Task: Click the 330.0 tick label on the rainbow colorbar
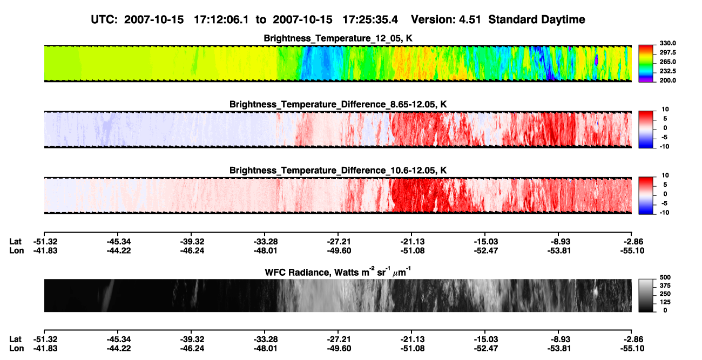click(667, 43)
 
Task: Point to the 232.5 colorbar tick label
click(667, 71)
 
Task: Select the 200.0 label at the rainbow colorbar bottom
click(667, 80)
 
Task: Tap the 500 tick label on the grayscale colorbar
click(665, 277)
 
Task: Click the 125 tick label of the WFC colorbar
click(665, 302)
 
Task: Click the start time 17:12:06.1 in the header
click(221, 20)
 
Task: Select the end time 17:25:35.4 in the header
click(370, 20)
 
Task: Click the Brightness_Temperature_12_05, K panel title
click(338, 38)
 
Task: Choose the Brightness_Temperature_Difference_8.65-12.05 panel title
click(338, 104)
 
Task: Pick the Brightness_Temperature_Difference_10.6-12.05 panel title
click(338, 171)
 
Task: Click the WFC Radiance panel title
click(337, 272)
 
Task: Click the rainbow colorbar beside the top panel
click(646, 64)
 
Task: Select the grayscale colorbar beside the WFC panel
click(646, 295)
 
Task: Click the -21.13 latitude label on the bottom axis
click(413, 339)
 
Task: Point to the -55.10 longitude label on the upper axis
click(632, 251)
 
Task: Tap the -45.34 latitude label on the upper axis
click(118, 242)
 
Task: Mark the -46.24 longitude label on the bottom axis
click(192, 349)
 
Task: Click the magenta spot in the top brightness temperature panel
click(596, 59)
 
